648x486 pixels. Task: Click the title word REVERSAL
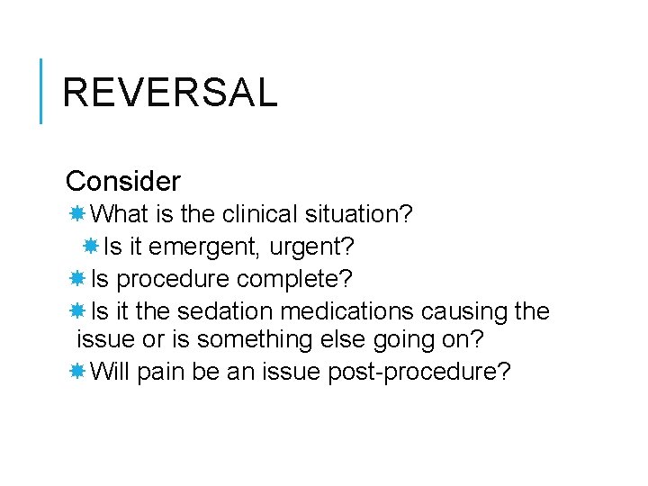pyautogui.click(x=170, y=93)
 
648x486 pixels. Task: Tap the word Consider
pyautogui.click(x=122, y=182)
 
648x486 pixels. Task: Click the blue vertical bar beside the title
pyautogui.click(x=42, y=90)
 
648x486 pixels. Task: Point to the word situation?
pyautogui.click(x=358, y=214)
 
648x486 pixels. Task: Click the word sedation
pyautogui.click(x=226, y=310)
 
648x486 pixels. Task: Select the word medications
pyautogui.click(x=346, y=310)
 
